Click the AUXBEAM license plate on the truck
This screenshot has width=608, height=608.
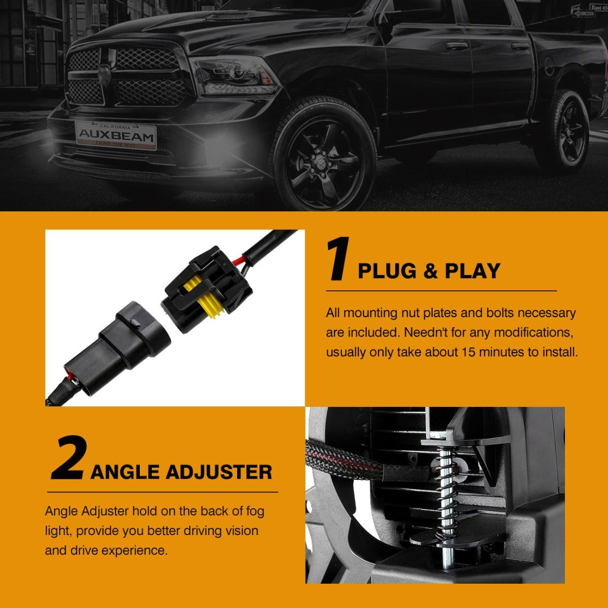pyautogui.click(x=116, y=136)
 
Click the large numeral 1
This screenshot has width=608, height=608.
pyautogui.click(x=338, y=259)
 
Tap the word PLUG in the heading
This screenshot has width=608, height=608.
pyautogui.click(x=387, y=271)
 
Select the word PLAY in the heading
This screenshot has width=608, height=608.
pyautogui.click(x=473, y=271)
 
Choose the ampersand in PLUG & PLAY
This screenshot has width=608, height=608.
pyautogui.click(x=430, y=271)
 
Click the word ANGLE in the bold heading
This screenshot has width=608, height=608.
pyautogui.click(x=125, y=472)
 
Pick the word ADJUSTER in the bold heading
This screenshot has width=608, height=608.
pyautogui.click(x=219, y=472)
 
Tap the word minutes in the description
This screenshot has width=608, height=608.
pyautogui.click(x=501, y=352)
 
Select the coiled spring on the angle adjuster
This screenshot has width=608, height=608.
pyautogui.click(x=447, y=492)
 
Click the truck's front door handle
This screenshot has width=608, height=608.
pyautogui.click(x=455, y=46)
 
